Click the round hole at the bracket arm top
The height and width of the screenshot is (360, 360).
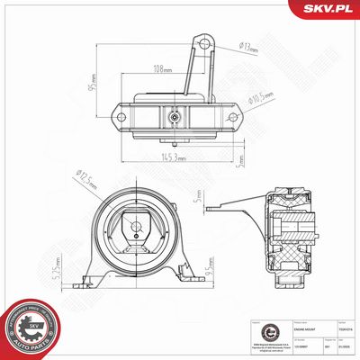pyautogui.click(x=205, y=40)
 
